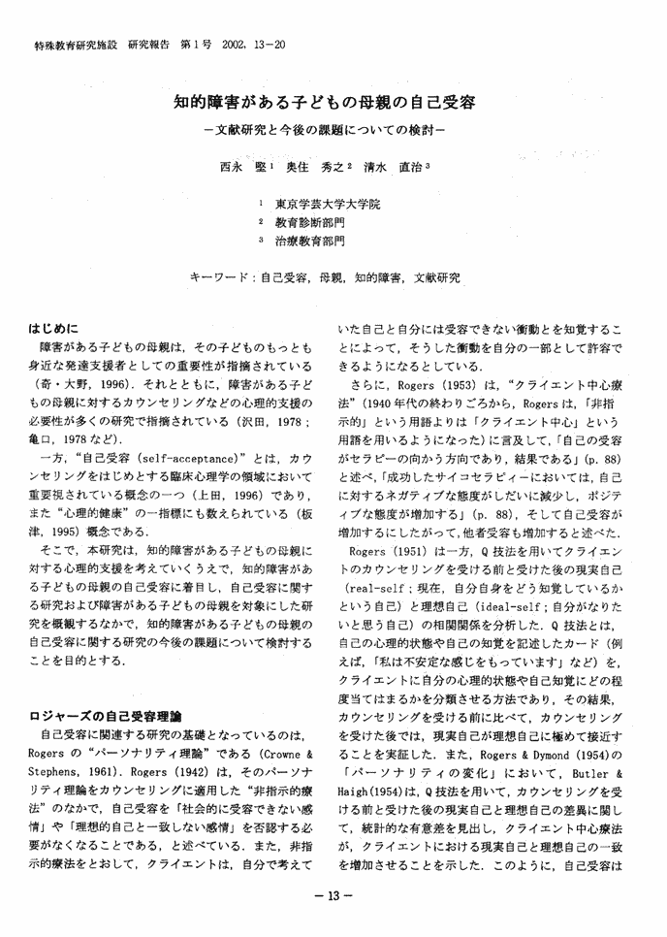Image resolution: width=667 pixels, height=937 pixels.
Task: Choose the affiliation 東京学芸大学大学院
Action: point(328,205)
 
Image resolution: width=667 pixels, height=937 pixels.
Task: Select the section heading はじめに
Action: point(55,328)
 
